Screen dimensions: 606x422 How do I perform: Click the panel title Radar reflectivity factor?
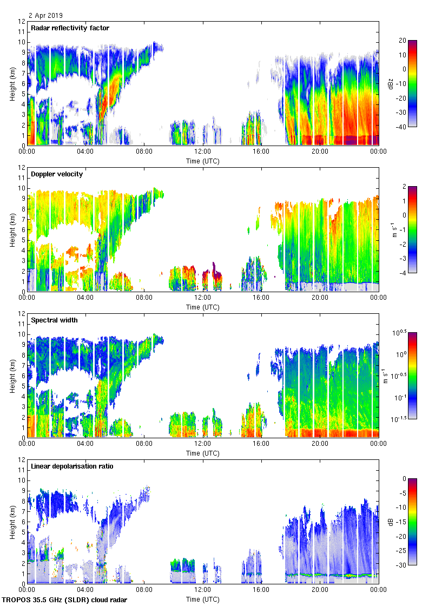(x=70, y=28)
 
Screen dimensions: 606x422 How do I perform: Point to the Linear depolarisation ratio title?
(x=72, y=466)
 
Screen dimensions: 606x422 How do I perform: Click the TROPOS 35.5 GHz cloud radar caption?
(x=65, y=601)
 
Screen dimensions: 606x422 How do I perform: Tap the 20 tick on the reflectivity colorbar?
(x=402, y=41)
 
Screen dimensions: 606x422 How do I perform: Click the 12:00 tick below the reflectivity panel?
(x=202, y=152)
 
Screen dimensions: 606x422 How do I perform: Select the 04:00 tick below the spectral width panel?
(x=85, y=444)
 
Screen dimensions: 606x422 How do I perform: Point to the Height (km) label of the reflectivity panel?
(x=12, y=83)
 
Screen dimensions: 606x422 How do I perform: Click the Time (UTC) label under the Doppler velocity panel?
(x=203, y=307)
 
